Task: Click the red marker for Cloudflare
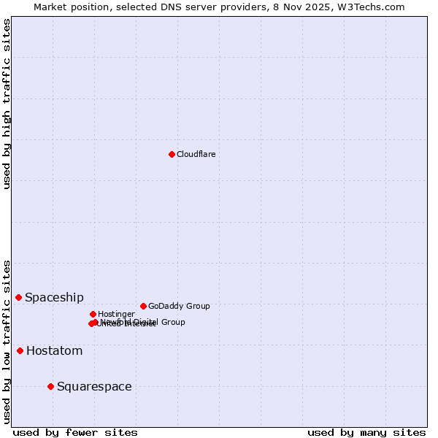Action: tap(172, 154)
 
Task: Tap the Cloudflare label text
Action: tap(196, 154)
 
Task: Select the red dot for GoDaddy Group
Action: tap(143, 306)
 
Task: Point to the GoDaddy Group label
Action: tap(179, 306)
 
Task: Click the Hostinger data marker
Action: tap(93, 314)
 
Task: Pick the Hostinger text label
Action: tap(116, 314)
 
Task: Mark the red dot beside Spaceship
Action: tap(18, 297)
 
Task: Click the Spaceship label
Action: tap(54, 297)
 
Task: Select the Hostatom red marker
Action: tap(20, 350)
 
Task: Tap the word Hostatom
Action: tap(54, 351)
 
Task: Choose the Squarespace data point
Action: tap(50, 386)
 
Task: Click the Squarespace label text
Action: tap(94, 387)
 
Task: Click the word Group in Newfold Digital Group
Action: tap(172, 322)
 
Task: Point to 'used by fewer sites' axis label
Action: tap(75, 432)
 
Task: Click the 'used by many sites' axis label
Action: tap(366, 432)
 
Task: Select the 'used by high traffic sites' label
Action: tap(7, 104)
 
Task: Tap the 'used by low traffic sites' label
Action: tap(7, 341)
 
